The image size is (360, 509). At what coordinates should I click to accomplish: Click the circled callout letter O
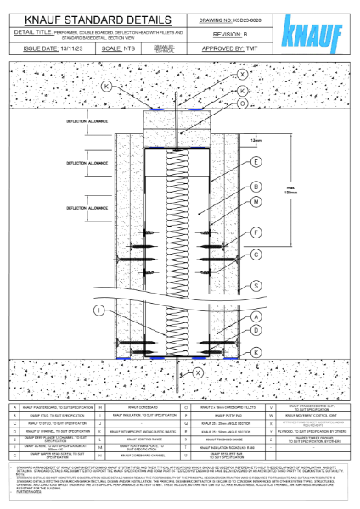[x=243, y=103]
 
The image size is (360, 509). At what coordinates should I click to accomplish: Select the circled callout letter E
[x=256, y=161]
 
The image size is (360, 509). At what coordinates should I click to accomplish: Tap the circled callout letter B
[x=256, y=186]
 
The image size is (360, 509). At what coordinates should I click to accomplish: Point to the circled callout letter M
[x=256, y=201]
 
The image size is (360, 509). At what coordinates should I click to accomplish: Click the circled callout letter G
[x=256, y=254]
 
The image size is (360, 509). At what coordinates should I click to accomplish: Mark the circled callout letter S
[x=256, y=286]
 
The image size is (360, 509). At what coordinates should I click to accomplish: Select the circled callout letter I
[x=100, y=312]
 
